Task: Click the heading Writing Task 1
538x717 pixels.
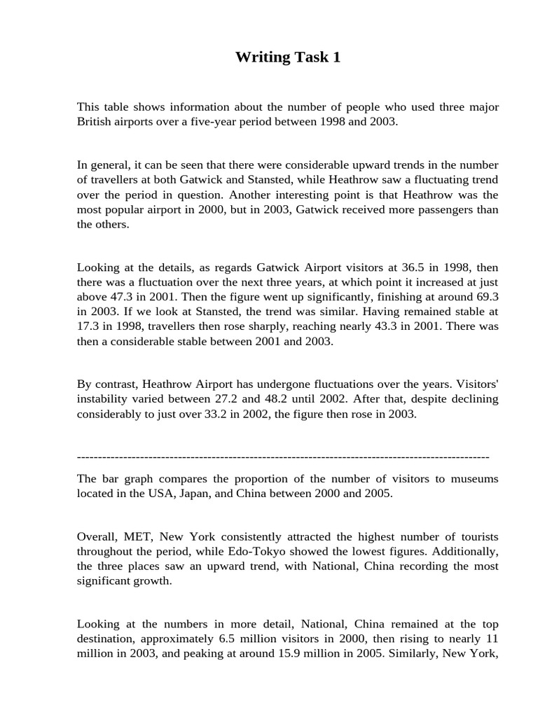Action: (288, 57)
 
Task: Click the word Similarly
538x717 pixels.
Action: (451, 653)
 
